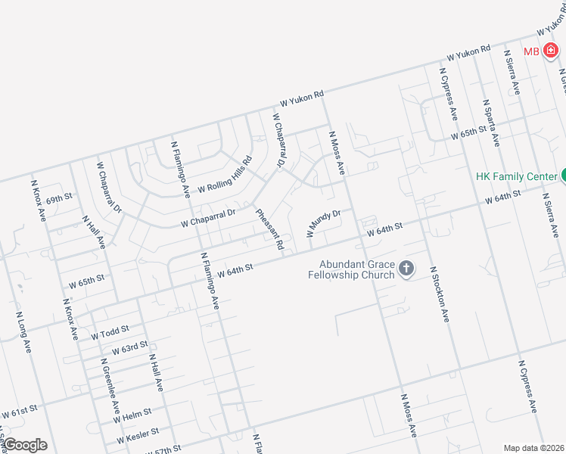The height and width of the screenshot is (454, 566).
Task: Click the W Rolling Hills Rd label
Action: pyautogui.click(x=224, y=175)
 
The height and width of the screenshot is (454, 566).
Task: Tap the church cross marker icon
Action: pyautogui.click(x=406, y=268)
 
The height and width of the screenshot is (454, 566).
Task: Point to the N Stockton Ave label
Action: pyautogui.click(x=440, y=294)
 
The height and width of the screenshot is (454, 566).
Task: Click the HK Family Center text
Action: pyautogui.click(x=516, y=176)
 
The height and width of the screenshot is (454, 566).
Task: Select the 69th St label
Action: pyautogui.click(x=58, y=200)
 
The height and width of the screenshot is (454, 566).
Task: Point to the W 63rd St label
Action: pyautogui.click(x=129, y=349)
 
